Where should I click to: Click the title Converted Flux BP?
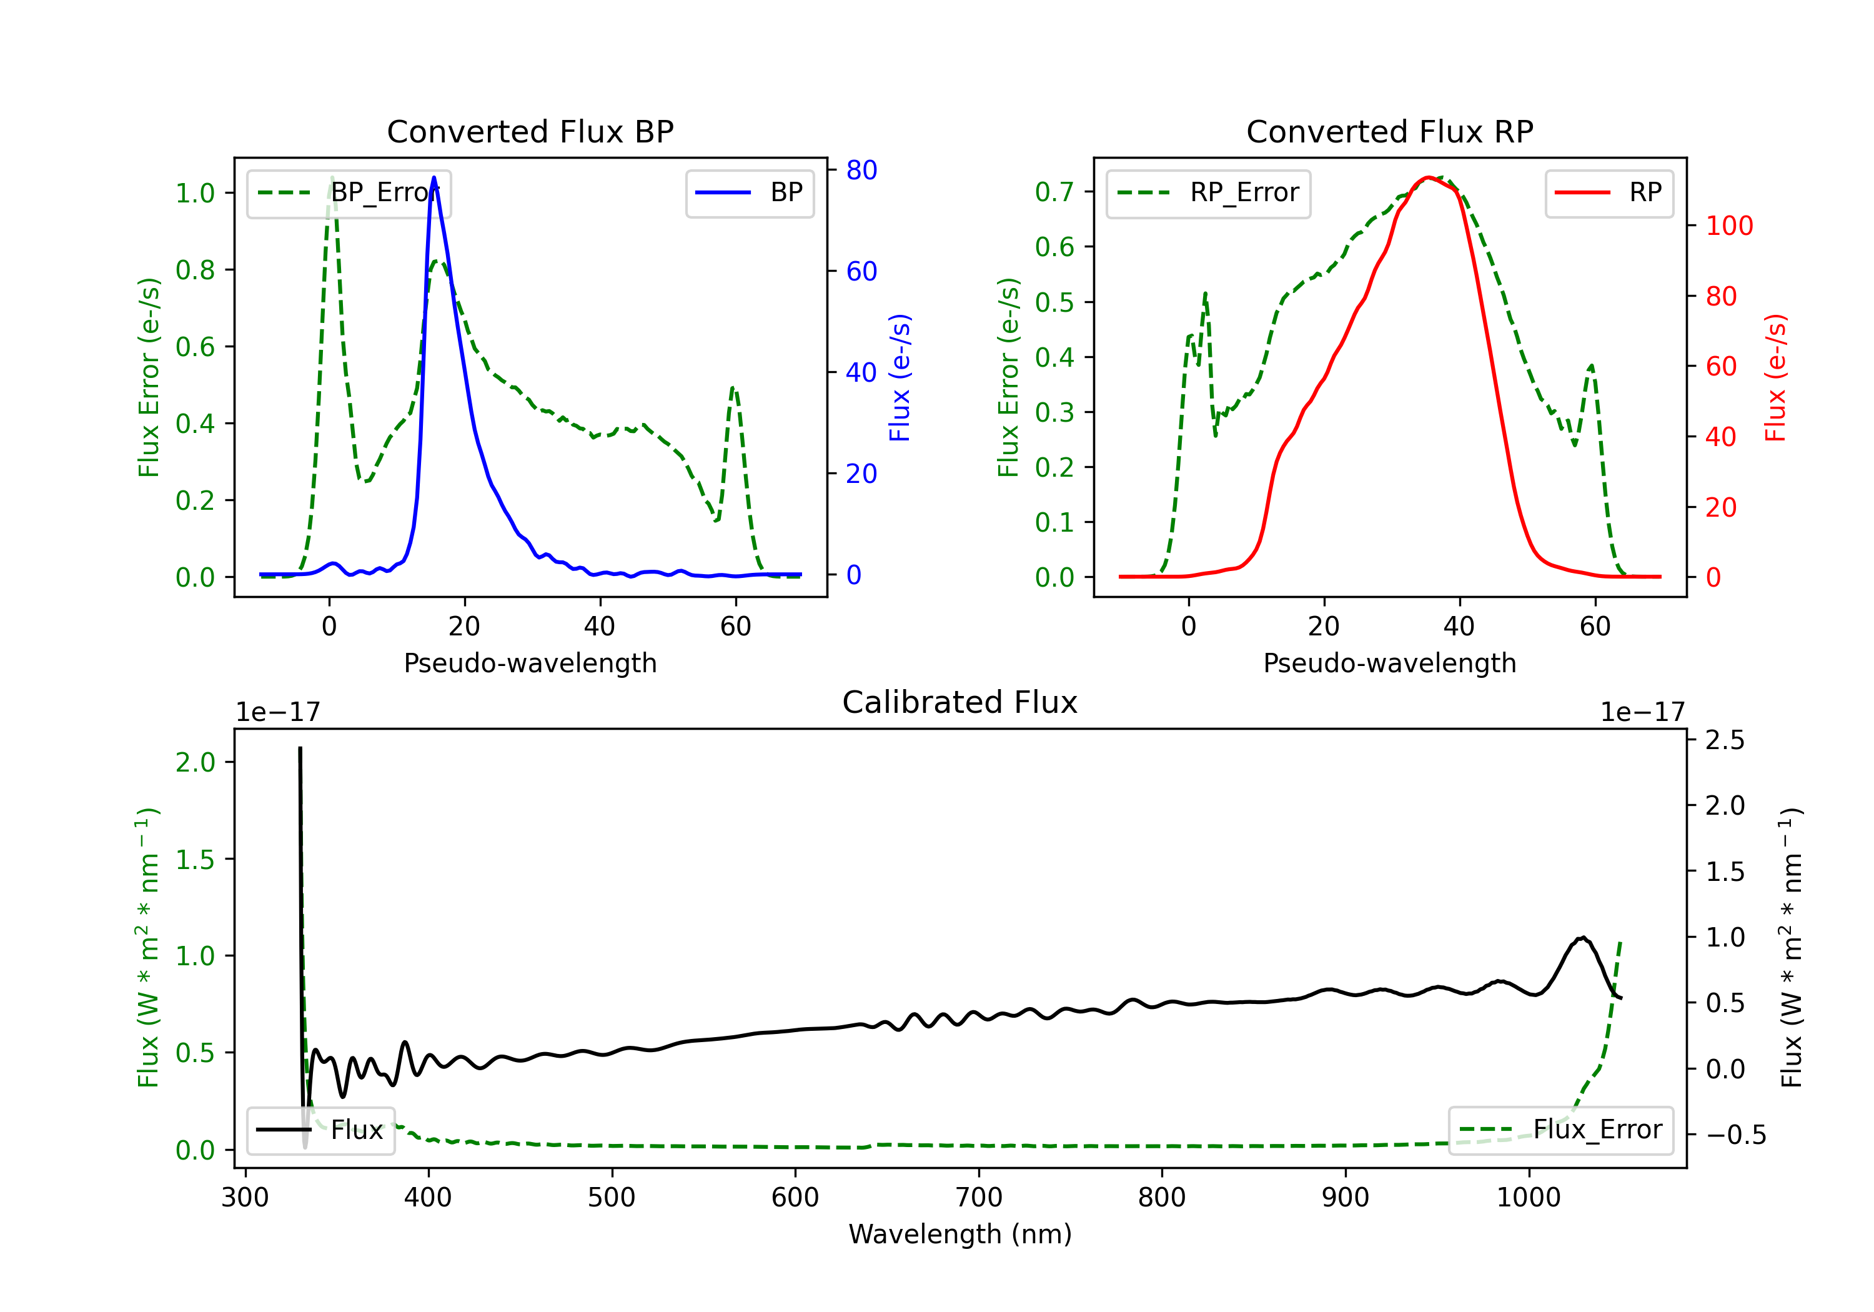530,131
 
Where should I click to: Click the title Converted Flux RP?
1389,131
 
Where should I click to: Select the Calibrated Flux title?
960,702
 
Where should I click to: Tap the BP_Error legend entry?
349,194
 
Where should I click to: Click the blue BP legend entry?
749,194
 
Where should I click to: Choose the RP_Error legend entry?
1208,194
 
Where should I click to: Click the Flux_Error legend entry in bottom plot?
1560,1130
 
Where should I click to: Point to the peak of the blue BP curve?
434,177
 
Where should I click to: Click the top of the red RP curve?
1427,177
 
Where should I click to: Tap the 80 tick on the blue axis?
861,170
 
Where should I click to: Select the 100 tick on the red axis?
1728,226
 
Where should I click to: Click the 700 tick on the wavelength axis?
979,1197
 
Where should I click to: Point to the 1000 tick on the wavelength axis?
1529,1197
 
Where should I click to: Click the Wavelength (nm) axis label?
960,1234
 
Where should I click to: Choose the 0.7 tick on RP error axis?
1054,192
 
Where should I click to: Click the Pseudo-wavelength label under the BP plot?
530,662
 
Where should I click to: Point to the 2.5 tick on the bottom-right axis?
1725,740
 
